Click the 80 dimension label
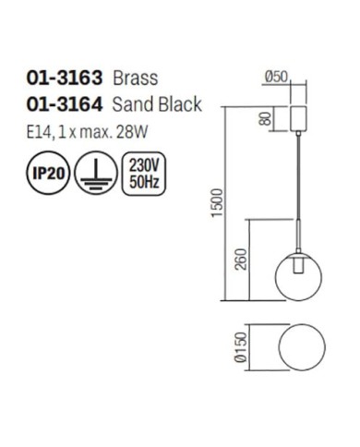click(267, 118)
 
